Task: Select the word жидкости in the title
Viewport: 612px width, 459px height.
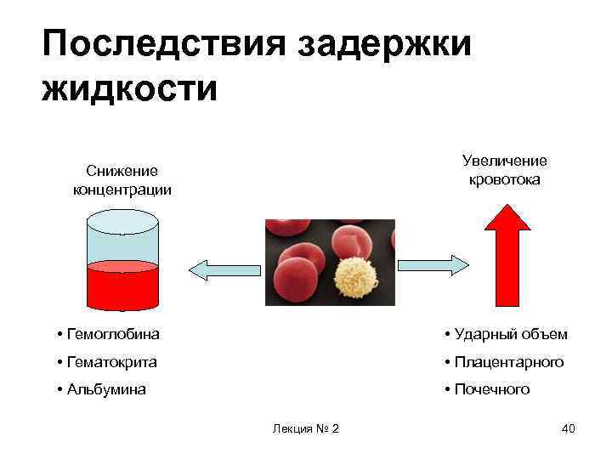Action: [129, 88]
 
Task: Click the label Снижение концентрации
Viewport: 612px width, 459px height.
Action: [122, 180]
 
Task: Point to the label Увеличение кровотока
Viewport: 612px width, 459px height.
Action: [505, 170]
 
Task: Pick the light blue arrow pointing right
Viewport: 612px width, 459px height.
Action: [434, 264]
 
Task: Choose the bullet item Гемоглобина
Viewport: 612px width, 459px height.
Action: [108, 334]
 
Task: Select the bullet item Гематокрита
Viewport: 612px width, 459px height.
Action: [107, 362]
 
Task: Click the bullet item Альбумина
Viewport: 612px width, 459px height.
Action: [101, 389]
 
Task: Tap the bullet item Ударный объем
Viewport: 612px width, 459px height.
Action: [505, 334]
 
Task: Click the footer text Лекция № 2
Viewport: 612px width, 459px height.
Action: [306, 428]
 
